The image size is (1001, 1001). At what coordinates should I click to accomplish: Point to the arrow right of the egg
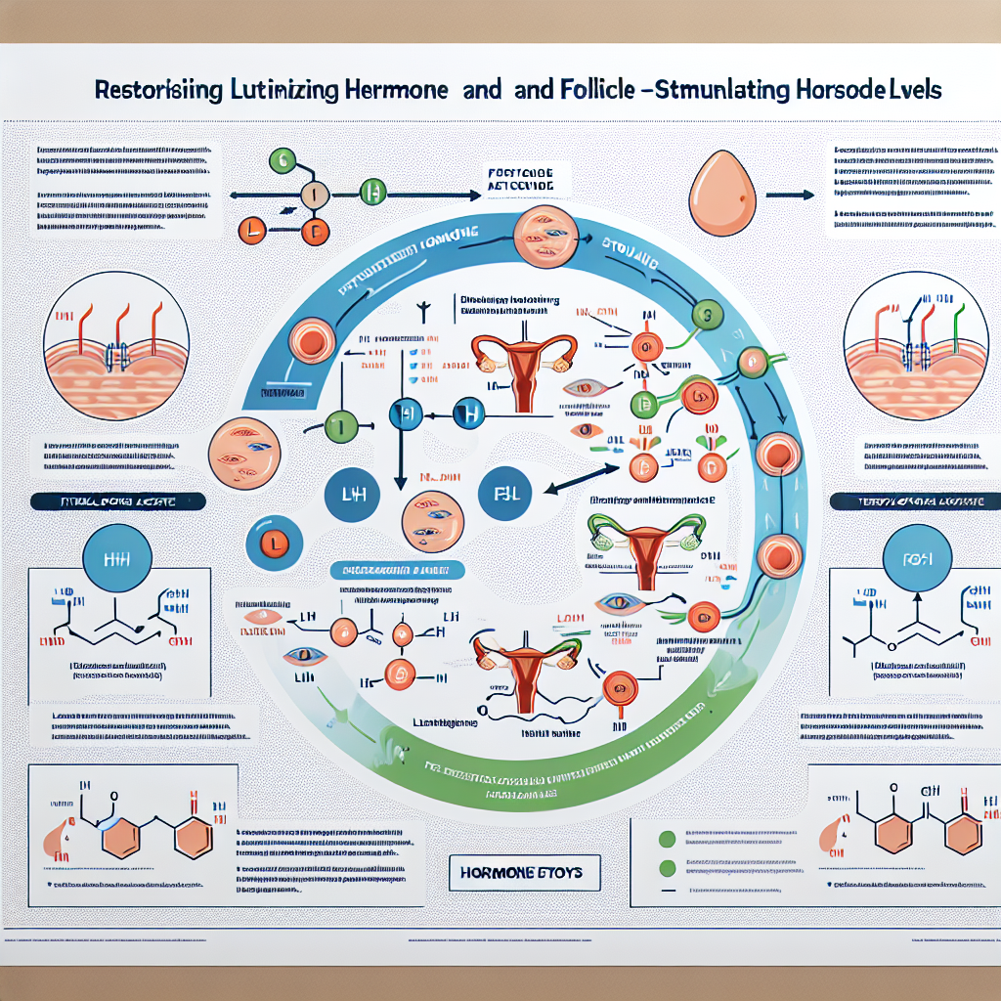[790, 195]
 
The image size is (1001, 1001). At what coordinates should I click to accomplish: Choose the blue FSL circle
[505, 496]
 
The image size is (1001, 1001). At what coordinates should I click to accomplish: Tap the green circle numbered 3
[706, 316]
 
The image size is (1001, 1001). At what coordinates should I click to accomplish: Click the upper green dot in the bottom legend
[669, 839]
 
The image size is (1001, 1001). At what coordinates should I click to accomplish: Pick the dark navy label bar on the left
[117, 501]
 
